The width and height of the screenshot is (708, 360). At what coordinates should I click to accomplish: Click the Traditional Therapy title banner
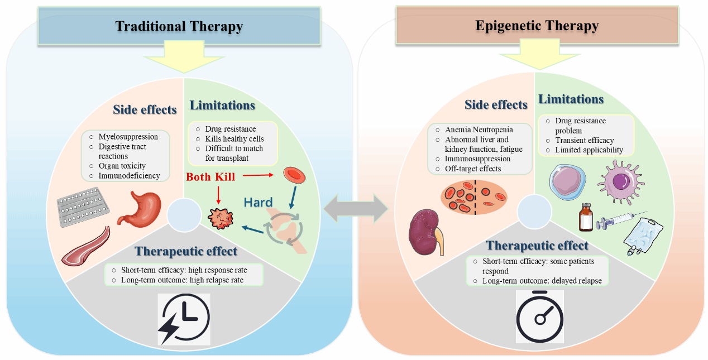(179, 26)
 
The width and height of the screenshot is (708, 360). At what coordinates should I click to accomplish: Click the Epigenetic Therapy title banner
(537, 25)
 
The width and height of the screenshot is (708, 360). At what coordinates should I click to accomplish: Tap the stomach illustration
(140, 209)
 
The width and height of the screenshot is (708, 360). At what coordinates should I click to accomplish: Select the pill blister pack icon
(83, 207)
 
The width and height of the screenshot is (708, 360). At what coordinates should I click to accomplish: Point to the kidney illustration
(425, 232)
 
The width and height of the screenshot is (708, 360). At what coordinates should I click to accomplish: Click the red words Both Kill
(211, 177)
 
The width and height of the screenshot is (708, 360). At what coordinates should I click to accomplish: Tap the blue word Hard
(258, 202)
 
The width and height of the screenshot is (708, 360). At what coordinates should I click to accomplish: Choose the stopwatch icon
(540, 316)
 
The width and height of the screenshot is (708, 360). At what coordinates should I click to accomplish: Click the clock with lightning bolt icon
(184, 319)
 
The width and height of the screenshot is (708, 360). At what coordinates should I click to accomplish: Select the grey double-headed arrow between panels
(356, 209)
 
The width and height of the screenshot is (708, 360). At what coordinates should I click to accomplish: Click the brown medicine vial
(586, 218)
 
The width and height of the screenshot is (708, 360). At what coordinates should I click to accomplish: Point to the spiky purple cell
(621, 183)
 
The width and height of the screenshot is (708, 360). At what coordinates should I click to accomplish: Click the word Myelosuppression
(128, 137)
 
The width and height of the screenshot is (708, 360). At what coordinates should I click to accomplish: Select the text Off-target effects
(473, 169)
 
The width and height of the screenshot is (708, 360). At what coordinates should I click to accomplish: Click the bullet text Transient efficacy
(585, 140)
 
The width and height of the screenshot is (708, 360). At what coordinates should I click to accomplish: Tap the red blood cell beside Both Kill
(294, 175)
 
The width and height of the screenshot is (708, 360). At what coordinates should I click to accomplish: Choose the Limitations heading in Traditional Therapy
(222, 105)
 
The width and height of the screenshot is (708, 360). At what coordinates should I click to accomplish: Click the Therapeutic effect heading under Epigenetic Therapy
(537, 245)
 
